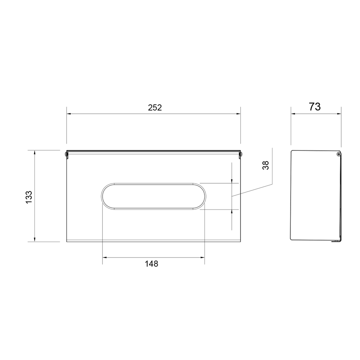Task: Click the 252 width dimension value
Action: (x=155, y=107)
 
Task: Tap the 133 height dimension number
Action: (x=29, y=197)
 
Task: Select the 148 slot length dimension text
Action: (x=152, y=264)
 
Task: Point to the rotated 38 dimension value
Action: (x=265, y=165)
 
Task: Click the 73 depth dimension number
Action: (x=315, y=107)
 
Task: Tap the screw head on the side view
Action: (x=339, y=154)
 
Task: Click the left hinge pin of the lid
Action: (x=66, y=154)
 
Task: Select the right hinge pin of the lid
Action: (x=241, y=154)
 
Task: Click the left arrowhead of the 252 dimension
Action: (x=69, y=114)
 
